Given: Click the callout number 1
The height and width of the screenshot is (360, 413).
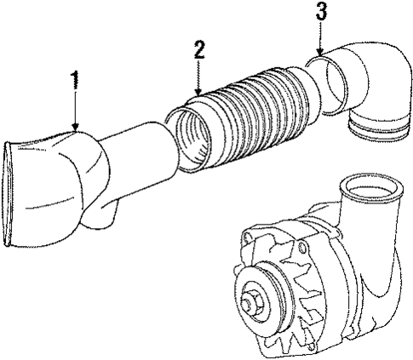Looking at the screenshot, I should click(x=76, y=82).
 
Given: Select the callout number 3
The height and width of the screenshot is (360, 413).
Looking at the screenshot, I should click(x=320, y=12).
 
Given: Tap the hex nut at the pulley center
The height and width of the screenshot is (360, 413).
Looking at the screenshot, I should click(x=255, y=302).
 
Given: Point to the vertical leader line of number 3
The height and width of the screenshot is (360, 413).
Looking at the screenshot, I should click(x=320, y=34).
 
